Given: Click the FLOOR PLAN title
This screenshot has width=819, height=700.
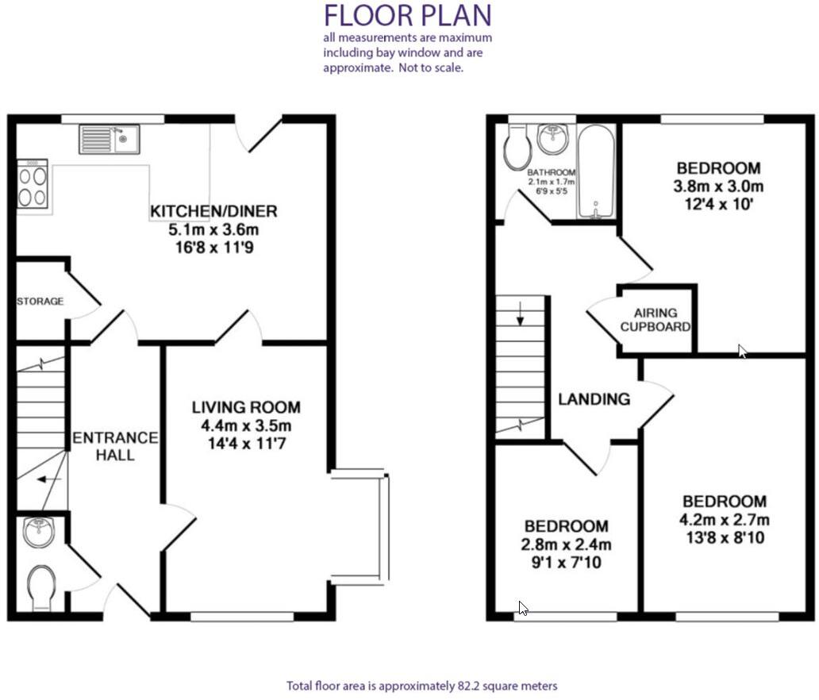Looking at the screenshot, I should click(x=408, y=15).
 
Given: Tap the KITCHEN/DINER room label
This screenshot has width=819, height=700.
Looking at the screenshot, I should click(x=213, y=211).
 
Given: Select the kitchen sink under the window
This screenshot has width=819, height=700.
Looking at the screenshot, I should click(x=109, y=139).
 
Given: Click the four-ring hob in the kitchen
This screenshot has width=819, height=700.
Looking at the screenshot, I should click(x=33, y=186).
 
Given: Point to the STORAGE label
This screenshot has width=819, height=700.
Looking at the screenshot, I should click(x=40, y=302).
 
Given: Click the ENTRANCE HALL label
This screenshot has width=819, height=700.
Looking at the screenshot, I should click(x=115, y=446).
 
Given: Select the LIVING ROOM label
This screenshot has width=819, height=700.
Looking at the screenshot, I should click(x=246, y=407).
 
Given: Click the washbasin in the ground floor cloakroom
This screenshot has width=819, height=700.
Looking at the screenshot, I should click(x=38, y=532).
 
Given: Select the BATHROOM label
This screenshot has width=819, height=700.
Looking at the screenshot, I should click(x=551, y=172).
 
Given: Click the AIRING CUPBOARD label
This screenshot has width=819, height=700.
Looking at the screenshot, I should click(x=655, y=320).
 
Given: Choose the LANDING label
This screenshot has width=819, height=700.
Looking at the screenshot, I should click(x=594, y=399).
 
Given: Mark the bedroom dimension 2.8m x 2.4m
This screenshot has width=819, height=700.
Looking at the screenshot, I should click(x=567, y=544).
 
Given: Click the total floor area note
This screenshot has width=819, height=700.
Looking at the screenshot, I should click(x=422, y=685).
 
